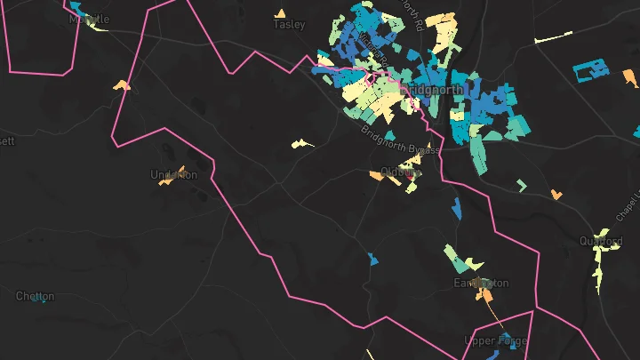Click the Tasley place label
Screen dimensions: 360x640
pyautogui.click(x=289, y=25)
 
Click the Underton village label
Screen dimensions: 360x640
pyautogui.click(x=173, y=174)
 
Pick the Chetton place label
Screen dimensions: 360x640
pyautogui.click(x=35, y=296)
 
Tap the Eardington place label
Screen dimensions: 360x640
pyautogui.click(x=481, y=283)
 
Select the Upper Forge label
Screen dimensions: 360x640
pyautogui.click(x=496, y=340)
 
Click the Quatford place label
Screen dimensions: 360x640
pyautogui.click(x=601, y=241)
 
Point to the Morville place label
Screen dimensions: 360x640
pyautogui.click(x=89, y=19)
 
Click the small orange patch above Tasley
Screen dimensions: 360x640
pyautogui.click(x=280, y=13)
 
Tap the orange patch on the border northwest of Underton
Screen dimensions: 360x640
pyautogui.click(x=122, y=86)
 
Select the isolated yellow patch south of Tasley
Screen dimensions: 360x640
pyautogui.click(x=302, y=142)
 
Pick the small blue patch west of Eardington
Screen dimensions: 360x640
pyautogui.click(x=372, y=259)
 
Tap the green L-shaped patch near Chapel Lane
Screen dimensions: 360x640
pyautogui.click(x=521, y=185)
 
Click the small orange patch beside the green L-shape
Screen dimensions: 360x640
pyautogui.click(x=556, y=194)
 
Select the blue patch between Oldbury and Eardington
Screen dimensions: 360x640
pyautogui.click(x=457, y=209)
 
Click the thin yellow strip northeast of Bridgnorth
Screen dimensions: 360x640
pyautogui.click(x=554, y=37)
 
